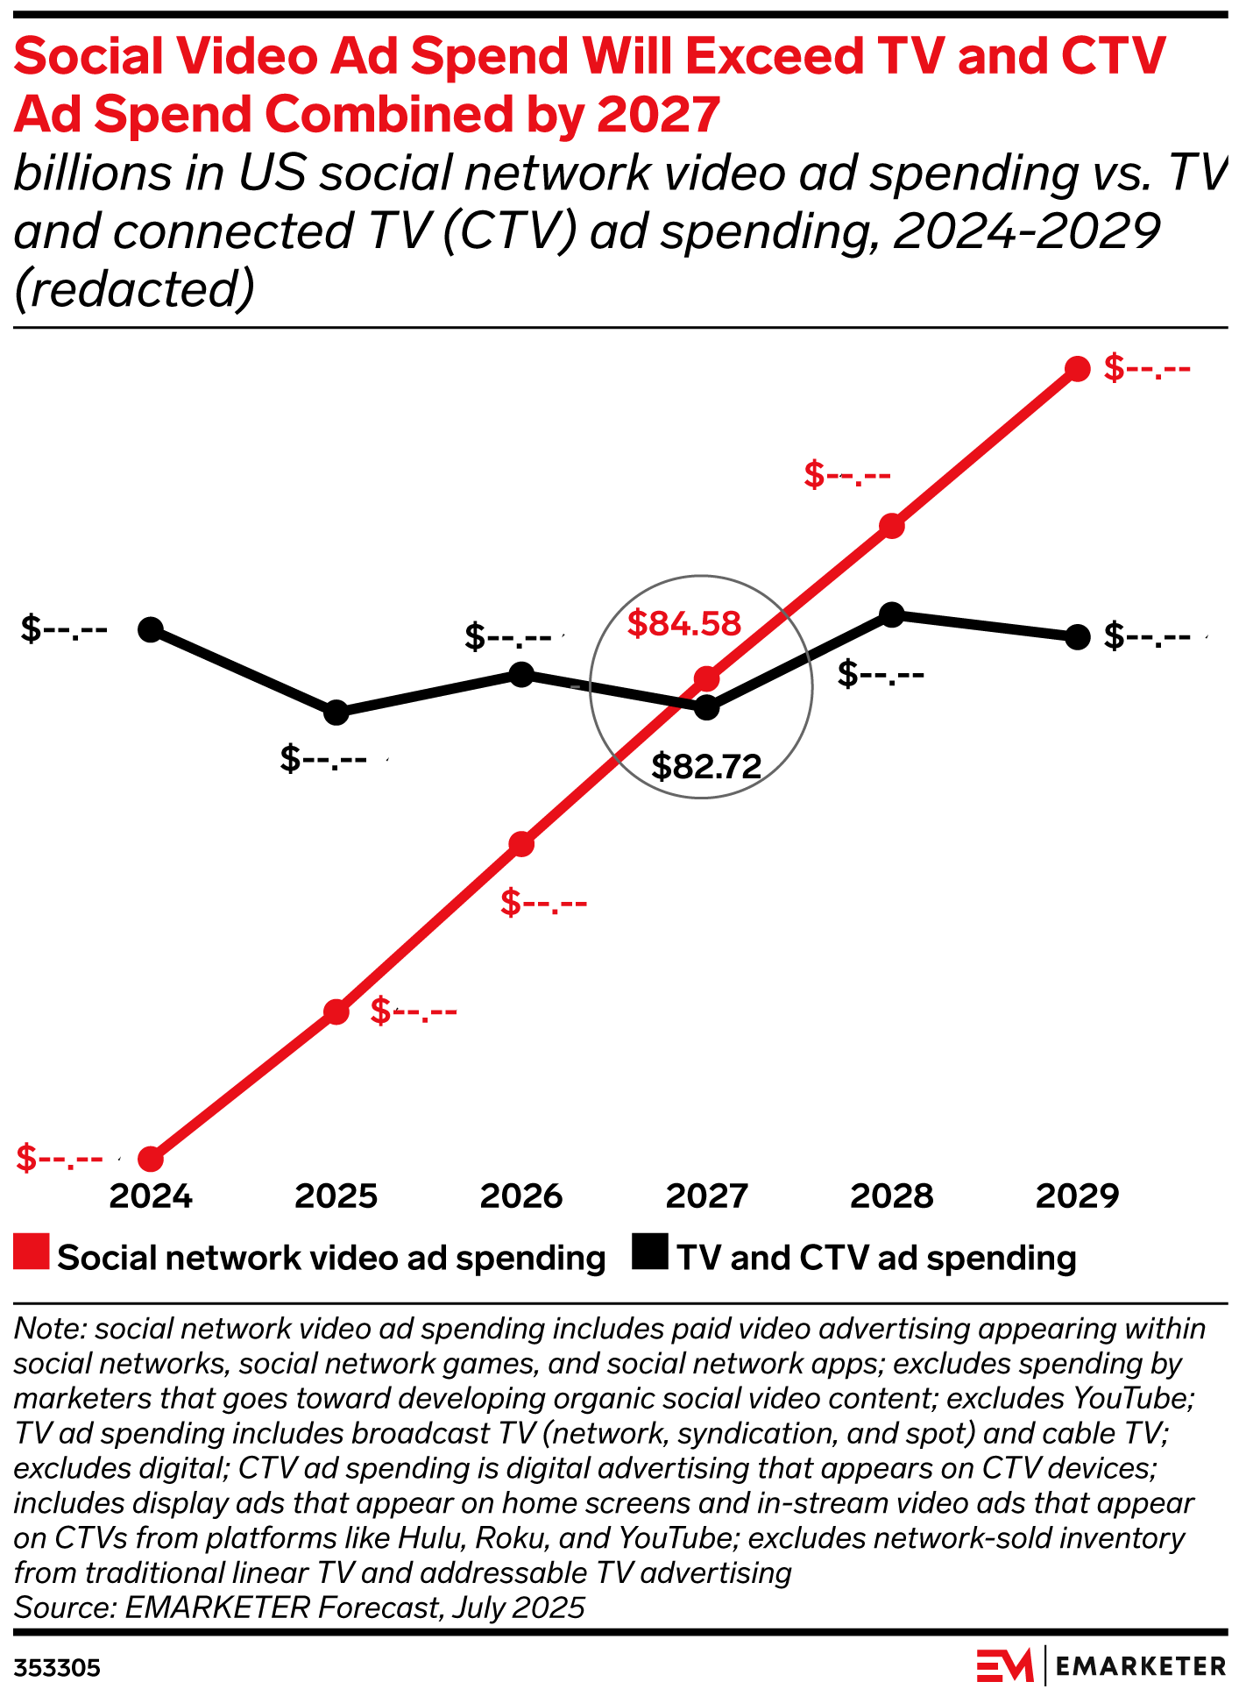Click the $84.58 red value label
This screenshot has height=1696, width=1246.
point(683,623)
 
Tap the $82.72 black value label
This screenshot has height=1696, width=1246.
point(706,767)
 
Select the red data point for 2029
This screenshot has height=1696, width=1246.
point(1077,369)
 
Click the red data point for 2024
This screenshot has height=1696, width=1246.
point(151,1159)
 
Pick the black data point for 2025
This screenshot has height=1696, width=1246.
point(336,713)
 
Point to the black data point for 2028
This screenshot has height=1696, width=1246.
point(891,614)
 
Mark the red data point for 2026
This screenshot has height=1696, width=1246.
point(521,844)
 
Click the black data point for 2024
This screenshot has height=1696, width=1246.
point(151,629)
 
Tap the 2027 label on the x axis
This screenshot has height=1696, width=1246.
point(706,1196)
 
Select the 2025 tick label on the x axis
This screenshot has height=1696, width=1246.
point(336,1196)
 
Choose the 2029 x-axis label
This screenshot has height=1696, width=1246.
point(1077,1196)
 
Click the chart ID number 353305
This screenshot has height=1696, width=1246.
point(57,1668)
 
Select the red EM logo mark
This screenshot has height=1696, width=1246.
point(1005,1665)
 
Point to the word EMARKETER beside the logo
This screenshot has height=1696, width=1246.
point(1141,1666)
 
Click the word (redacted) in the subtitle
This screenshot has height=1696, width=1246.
point(134,289)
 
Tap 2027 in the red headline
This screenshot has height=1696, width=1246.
point(658,114)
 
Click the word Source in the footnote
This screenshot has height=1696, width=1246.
point(64,1607)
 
